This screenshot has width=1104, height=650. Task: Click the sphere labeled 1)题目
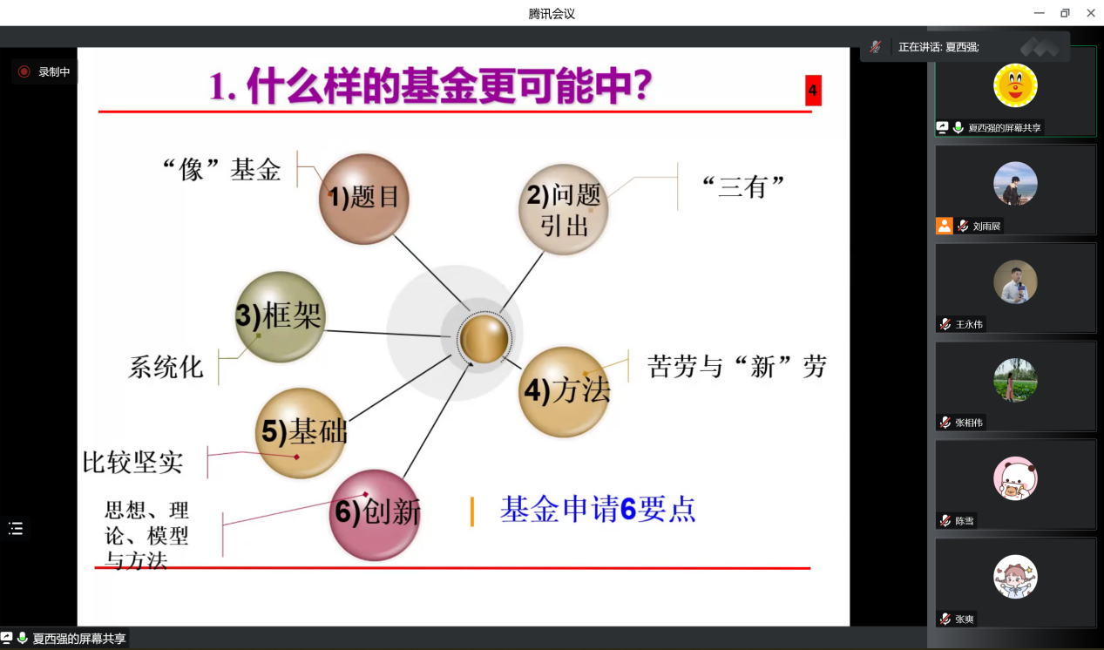click(x=363, y=199)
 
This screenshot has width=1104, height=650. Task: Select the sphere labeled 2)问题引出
click(x=564, y=209)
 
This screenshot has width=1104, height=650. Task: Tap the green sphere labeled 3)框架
click(x=280, y=317)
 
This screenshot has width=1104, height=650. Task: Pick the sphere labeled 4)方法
click(x=565, y=392)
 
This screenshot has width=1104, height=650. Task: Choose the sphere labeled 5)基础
click(x=301, y=433)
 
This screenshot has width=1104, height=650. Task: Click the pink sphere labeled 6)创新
click(x=375, y=515)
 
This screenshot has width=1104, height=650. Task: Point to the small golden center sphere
click(x=484, y=339)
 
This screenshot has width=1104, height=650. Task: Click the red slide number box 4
click(x=813, y=91)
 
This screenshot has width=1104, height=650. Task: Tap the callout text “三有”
click(x=742, y=186)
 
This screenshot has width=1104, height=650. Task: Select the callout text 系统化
click(x=166, y=367)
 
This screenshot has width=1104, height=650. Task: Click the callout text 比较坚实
click(x=132, y=463)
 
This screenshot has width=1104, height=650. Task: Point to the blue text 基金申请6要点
click(x=598, y=510)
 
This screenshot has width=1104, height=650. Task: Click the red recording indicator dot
click(x=24, y=72)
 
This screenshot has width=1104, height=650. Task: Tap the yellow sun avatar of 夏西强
click(x=1015, y=85)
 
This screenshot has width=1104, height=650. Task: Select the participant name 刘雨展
click(x=986, y=227)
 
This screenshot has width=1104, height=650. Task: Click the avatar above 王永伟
click(x=1015, y=282)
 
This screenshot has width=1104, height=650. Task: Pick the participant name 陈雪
click(x=965, y=521)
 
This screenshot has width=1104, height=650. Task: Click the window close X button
click(x=1091, y=13)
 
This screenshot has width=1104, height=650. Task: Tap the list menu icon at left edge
click(x=16, y=529)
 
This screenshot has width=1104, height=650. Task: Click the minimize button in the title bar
click(x=1039, y=13)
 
